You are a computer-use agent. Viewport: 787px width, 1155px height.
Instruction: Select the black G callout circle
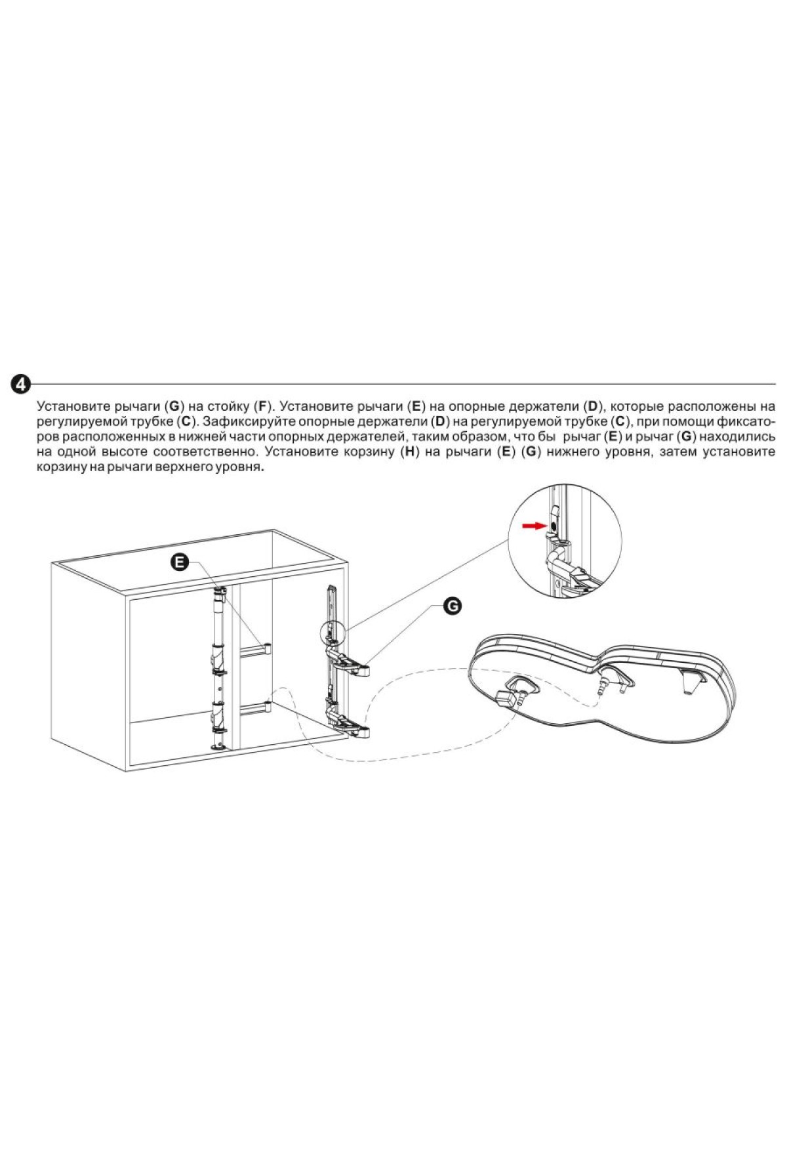point(452,606)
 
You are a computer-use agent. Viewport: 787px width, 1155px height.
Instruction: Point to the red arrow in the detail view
point(534,526)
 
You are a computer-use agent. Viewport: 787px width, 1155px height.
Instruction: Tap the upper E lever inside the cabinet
point(256,649)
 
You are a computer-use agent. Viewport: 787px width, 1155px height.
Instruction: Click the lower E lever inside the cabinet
point(256,707)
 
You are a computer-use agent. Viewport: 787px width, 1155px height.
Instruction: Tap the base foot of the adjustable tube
point(218,746)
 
